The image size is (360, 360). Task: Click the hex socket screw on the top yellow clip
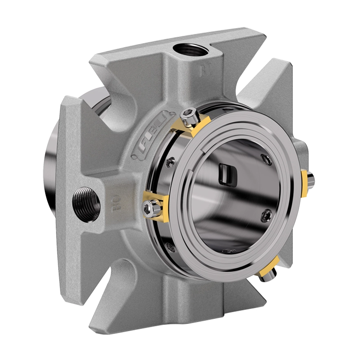(189, 114)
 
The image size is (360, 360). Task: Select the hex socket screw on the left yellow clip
(151, 208)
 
